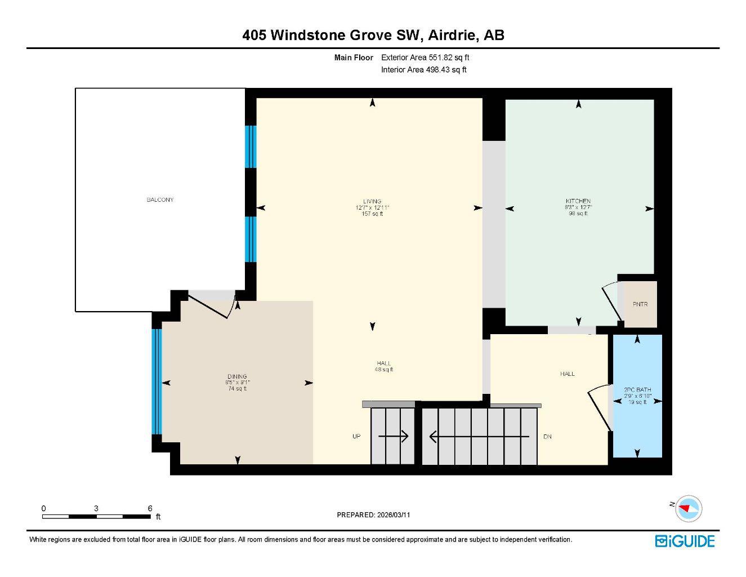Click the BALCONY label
coord(160,200)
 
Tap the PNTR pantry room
coord(640,304)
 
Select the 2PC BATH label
coord(637,389)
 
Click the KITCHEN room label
coord(578,201)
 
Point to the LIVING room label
coord(372,201)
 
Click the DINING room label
coord(237,376)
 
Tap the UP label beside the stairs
coord(356,436)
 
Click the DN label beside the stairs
coord(547,437)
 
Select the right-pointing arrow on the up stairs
coord(394,436)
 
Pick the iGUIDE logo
coord(685,541)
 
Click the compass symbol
coord(689,508)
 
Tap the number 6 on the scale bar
coord(150,508)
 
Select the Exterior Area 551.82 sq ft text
coord(425,57)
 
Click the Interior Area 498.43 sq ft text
coord(423,70)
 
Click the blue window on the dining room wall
coord(157,381)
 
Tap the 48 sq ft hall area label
coord(383,370)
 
